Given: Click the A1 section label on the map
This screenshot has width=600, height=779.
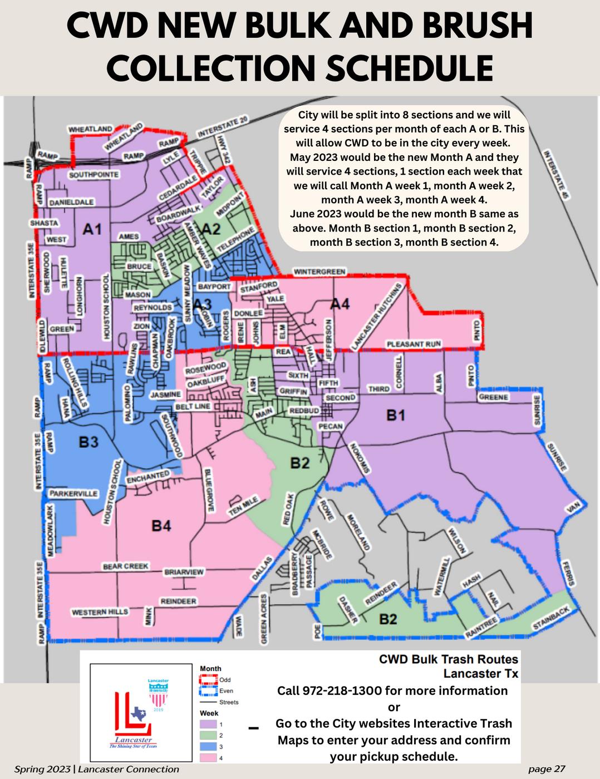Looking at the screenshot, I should click(x=92, y=229).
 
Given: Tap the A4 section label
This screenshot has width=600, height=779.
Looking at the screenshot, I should click(x=340, y=304).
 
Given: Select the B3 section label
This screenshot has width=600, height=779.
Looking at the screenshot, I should click(x=88, y=442).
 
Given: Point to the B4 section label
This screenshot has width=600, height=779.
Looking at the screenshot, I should click(x=161, y=525).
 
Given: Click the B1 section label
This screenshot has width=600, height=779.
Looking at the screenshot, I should click(x=396, y=415).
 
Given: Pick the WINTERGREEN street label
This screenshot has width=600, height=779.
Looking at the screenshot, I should click(x=319, y=272).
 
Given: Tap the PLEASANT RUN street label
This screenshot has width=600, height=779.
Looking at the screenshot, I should click(x=414, y=344).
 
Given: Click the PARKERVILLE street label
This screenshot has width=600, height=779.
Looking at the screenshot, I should click(x=73, y=494).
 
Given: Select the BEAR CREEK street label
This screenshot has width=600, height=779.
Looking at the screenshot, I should click(x=125, y=566).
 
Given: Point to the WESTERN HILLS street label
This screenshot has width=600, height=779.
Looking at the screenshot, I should click(x=100, y=612).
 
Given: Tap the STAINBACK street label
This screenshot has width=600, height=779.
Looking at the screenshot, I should click(x=551, y=619).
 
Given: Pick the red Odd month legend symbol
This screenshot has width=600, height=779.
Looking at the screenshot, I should click(x=208, y=680).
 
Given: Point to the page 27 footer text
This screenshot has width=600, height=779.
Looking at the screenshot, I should click(x=547, y=769).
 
